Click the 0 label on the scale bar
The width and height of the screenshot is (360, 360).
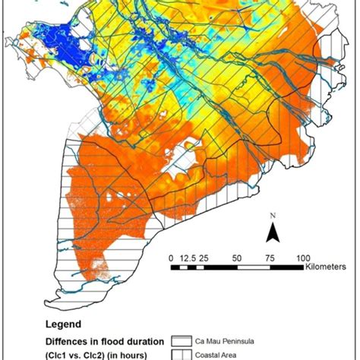172,256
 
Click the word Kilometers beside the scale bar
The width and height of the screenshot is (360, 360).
327,267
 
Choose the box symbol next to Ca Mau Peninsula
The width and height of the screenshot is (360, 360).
182,340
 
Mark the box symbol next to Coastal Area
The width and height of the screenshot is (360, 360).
182,353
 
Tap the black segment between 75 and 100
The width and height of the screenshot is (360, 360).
289,267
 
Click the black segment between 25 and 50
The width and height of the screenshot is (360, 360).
223,267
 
